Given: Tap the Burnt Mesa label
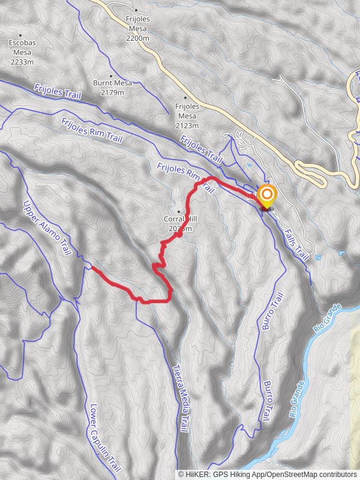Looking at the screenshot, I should pyautogui.click(x=109, y=83).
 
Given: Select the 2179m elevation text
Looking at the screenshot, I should pyautogui.click(x=109, y=92).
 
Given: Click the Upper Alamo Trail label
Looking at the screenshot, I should pyautogui.click(x=47, y=228).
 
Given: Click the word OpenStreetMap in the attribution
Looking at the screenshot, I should pyautogui.click(x=297, y=474).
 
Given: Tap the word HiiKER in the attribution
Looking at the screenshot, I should pyautogui.click(x=198, y=474).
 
